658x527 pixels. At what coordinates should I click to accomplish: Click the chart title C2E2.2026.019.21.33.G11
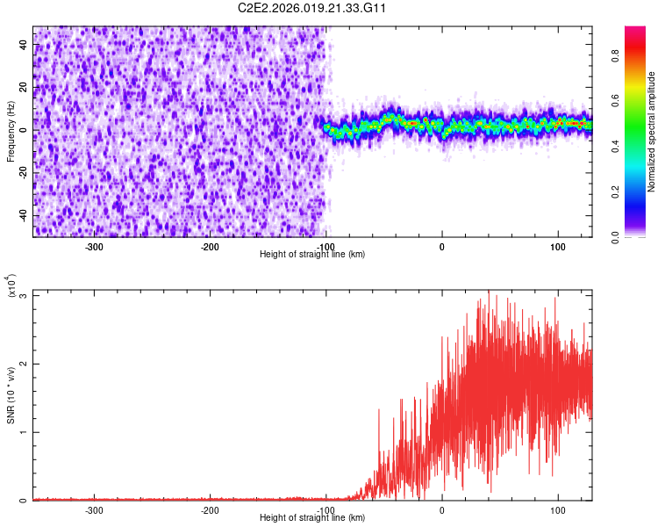pos(312,8)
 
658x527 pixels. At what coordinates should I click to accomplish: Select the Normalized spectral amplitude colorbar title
pos(652,132)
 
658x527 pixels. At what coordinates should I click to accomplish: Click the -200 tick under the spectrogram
pos(210,246)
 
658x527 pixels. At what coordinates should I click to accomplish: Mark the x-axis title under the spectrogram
pos(312,255)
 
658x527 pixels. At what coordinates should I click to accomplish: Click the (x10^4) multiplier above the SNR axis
pos(11,285)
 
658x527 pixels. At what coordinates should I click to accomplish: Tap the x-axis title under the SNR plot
pos(312,518)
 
